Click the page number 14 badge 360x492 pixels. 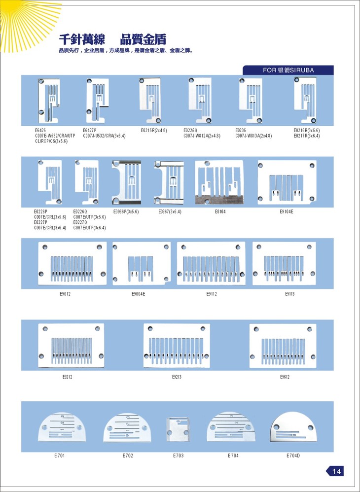335,471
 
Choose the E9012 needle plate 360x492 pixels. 72,263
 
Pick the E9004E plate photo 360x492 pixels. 142,263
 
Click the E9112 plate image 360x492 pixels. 211,263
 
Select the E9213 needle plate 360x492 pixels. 177,346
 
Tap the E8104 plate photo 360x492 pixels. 219,182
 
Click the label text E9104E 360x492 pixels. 286,212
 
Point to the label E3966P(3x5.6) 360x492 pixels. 126,212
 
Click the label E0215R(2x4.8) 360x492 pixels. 154,131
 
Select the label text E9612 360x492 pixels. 285,377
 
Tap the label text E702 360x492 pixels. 128,456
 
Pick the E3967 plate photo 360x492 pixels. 169,182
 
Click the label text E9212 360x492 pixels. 68,377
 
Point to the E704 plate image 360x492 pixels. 233,427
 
